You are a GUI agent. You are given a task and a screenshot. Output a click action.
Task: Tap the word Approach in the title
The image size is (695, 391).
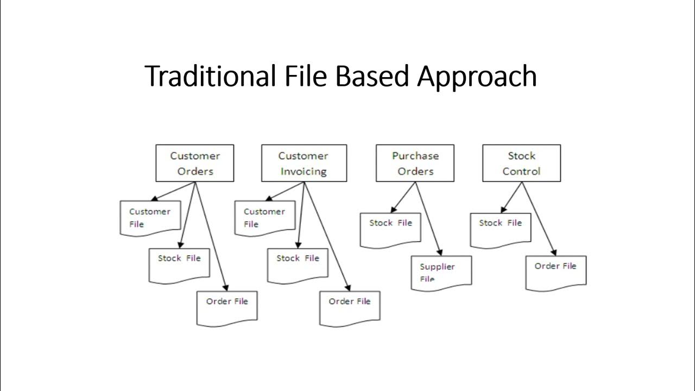point(477,76)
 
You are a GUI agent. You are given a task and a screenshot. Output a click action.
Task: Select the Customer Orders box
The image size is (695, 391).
point(195,163)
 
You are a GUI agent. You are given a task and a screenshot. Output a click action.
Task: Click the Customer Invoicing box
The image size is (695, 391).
point(304,163)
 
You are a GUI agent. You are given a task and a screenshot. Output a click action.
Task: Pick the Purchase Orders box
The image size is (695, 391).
point(415,163)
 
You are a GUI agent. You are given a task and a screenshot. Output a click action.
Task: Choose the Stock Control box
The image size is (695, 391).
point(521,163)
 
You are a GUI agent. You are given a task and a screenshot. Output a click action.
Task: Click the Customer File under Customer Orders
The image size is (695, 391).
point(150,218)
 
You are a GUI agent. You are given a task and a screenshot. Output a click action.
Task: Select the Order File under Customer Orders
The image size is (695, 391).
point(227,307)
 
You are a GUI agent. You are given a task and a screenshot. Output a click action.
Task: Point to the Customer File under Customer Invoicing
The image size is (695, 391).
point(264,218)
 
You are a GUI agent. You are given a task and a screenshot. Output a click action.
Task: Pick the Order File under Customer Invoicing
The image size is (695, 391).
point(350,307)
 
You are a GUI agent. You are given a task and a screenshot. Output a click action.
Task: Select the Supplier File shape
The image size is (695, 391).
point(441,272)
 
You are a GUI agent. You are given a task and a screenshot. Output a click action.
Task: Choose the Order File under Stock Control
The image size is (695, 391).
point(555,272)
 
